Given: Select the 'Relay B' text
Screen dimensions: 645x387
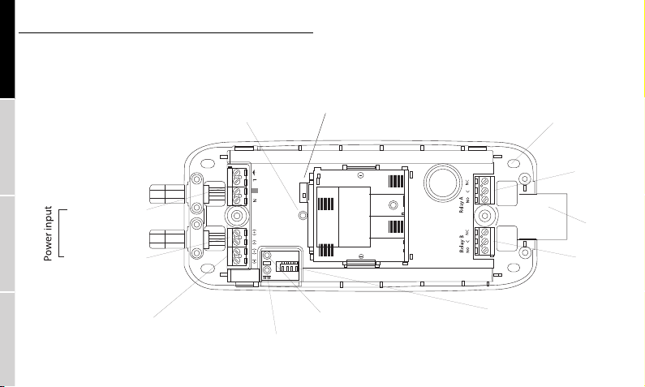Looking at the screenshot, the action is [x=463, y=243].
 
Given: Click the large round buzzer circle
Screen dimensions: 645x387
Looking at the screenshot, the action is [x=441, y=183].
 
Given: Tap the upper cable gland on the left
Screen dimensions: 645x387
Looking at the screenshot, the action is [x=174, y=195].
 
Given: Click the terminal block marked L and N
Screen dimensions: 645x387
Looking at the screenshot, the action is [x=237, y=187].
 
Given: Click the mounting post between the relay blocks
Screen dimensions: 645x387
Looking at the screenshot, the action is [x=485, y=217].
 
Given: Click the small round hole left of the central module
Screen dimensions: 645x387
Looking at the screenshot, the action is [x=303, y=216].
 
